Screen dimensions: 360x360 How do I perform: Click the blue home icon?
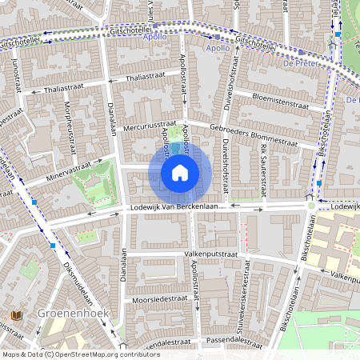coord(180,173)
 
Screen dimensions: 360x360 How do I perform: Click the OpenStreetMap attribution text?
coord(80,354)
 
